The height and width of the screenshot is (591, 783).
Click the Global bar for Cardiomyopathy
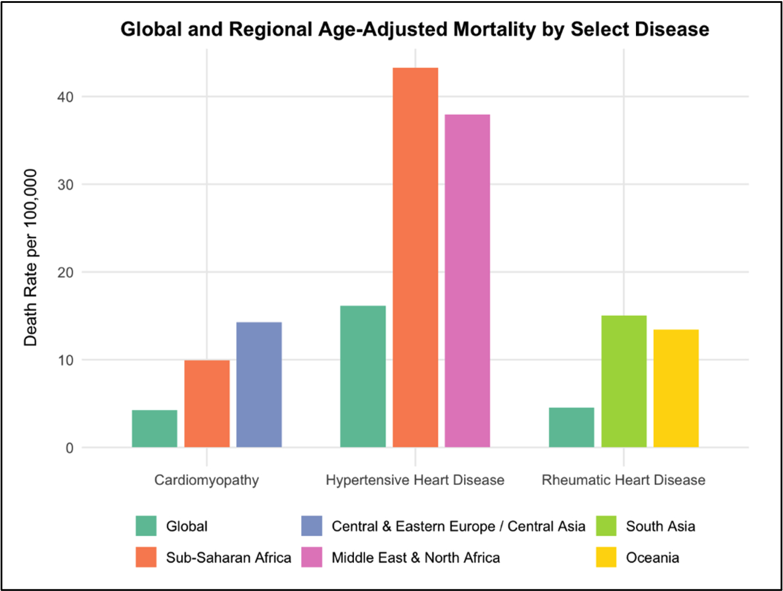click(155, 429)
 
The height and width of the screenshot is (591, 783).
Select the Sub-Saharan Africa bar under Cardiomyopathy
click(207, 404)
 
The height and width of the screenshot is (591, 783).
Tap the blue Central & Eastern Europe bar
click(259, 385)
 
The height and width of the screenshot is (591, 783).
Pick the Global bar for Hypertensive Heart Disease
click(363, 376)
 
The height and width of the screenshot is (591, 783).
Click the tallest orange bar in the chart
click(415, 258)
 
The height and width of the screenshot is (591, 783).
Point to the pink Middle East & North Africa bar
click(467, 281)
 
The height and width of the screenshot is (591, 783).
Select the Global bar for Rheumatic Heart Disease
click(571, 427)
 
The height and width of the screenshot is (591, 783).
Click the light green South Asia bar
click(624, 382)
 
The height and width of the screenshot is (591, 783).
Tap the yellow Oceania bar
click(676, 389)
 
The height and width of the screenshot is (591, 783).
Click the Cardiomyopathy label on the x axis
click(206, 480)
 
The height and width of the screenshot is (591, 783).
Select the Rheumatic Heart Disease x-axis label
click(624, 480)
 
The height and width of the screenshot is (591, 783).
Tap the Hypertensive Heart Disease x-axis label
click(415, 480)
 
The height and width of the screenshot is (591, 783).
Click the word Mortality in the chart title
click(471, 29)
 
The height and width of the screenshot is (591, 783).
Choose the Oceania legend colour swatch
click(608, 556)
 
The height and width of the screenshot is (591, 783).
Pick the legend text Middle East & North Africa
click(416, 557)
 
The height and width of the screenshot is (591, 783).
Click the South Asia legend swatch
click(608, 526)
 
